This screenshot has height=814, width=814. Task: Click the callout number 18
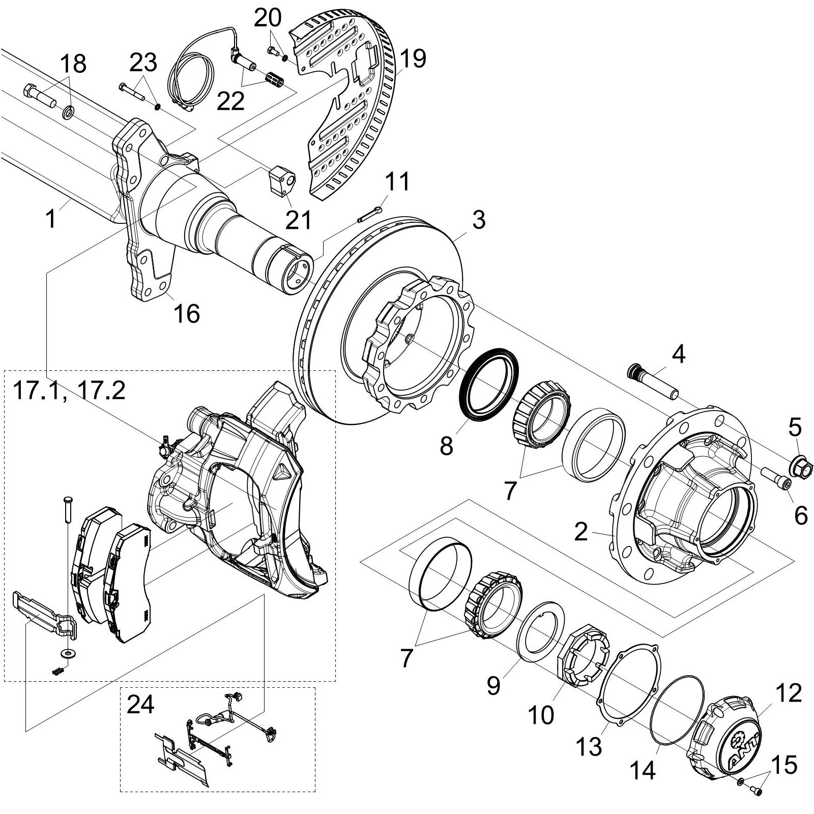tap(73, 65)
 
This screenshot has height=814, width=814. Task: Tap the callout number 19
tap(412, 60)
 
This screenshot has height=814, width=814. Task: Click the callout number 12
tap(788, 693)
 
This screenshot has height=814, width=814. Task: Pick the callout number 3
tap(478, 220)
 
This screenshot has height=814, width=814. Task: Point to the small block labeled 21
tap(281, 180)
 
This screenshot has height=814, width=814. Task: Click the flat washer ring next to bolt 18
tap(68, 111)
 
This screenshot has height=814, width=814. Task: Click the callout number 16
tap(186, 313)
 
